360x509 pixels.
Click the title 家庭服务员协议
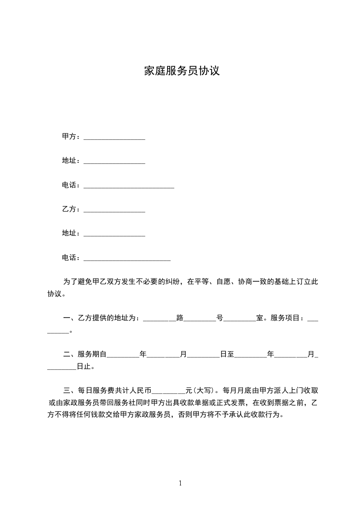(x=182, y=71)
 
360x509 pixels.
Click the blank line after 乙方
(x=114, y=210)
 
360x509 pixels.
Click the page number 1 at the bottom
(x=180, y=483)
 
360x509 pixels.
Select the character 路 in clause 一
(x=180, y=318)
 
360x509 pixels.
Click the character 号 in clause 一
(x=220, y=318)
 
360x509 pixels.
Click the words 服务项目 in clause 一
(x=286, y=318)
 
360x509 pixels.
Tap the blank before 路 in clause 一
(x=159, y=319)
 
